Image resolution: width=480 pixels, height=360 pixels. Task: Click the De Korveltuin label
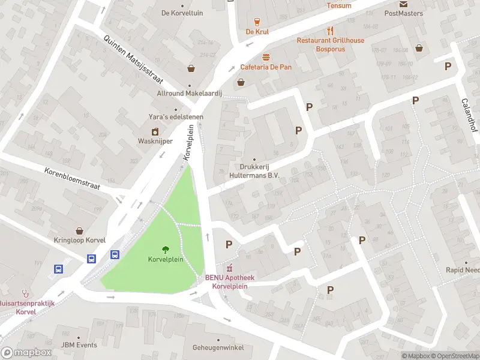(182, 13)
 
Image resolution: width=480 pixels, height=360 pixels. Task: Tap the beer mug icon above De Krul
(257, 21)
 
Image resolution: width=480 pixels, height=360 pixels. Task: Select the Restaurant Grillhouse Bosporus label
(330, 44)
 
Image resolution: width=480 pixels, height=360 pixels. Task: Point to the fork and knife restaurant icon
(330, 30)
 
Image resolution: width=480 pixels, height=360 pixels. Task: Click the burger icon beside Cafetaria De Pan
(266, 56)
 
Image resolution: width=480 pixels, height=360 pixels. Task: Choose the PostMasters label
(403, 13)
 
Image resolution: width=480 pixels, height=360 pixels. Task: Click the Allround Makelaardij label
(190, 94)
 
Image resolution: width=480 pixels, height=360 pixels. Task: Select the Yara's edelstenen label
(176, 117)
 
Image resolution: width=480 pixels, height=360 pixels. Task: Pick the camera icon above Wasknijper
(155, 131)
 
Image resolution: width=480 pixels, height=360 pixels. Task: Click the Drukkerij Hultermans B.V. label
(255, 172)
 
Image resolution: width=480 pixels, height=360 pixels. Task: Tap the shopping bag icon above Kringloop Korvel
(79, 230)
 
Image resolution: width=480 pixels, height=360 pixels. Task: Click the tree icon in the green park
(164, 250)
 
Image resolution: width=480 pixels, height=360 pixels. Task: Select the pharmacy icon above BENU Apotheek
(229, 268)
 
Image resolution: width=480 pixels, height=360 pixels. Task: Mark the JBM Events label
(79, 345)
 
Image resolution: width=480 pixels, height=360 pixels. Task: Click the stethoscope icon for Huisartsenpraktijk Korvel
(25, 293)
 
